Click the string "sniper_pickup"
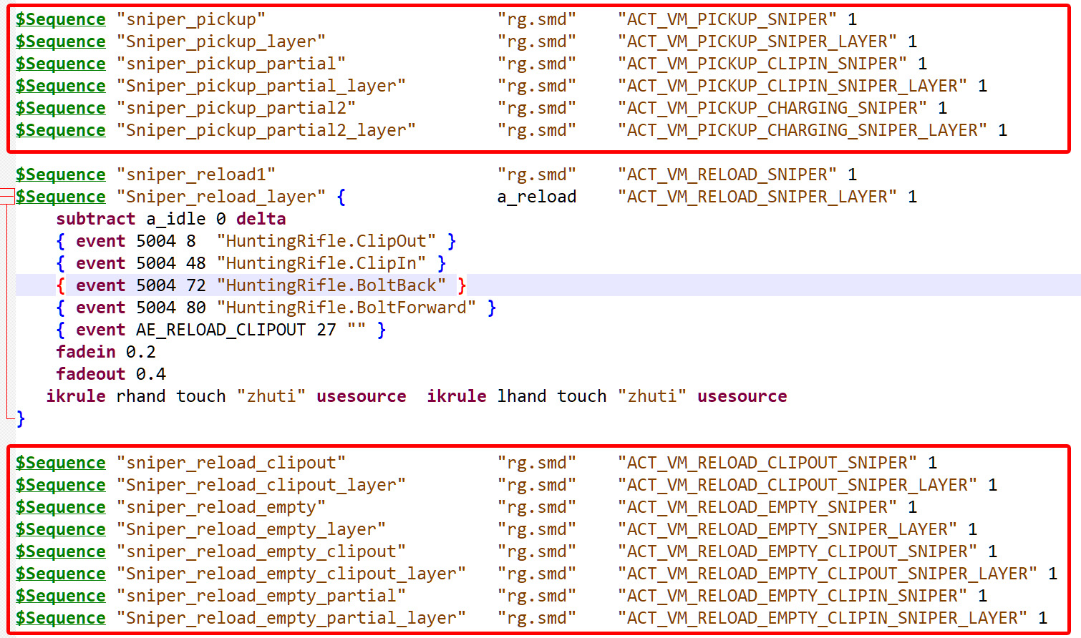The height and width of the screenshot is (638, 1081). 191,19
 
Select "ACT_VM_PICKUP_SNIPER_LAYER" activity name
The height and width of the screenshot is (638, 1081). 757,41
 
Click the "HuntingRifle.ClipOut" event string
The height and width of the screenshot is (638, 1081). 326,240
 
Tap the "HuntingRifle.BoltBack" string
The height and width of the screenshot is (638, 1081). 331,285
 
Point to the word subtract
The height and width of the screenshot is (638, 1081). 95,219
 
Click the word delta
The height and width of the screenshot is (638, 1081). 261,219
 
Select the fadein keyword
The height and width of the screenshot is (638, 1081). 86,352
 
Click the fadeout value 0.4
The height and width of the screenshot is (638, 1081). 150,374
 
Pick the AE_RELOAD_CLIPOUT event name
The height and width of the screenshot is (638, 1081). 220,330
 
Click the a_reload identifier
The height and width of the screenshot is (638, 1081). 537,197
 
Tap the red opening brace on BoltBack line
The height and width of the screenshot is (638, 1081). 61,285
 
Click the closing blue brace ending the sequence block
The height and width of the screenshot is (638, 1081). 21,418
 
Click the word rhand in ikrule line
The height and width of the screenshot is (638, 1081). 141,396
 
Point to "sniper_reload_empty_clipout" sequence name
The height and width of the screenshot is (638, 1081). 261,551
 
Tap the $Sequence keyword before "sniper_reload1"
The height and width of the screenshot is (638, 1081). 61,175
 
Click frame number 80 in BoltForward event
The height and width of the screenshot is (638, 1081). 196,308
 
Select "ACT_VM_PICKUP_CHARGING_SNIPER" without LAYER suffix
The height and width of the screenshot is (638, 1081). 772,108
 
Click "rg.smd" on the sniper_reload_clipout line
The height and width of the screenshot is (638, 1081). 537,463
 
